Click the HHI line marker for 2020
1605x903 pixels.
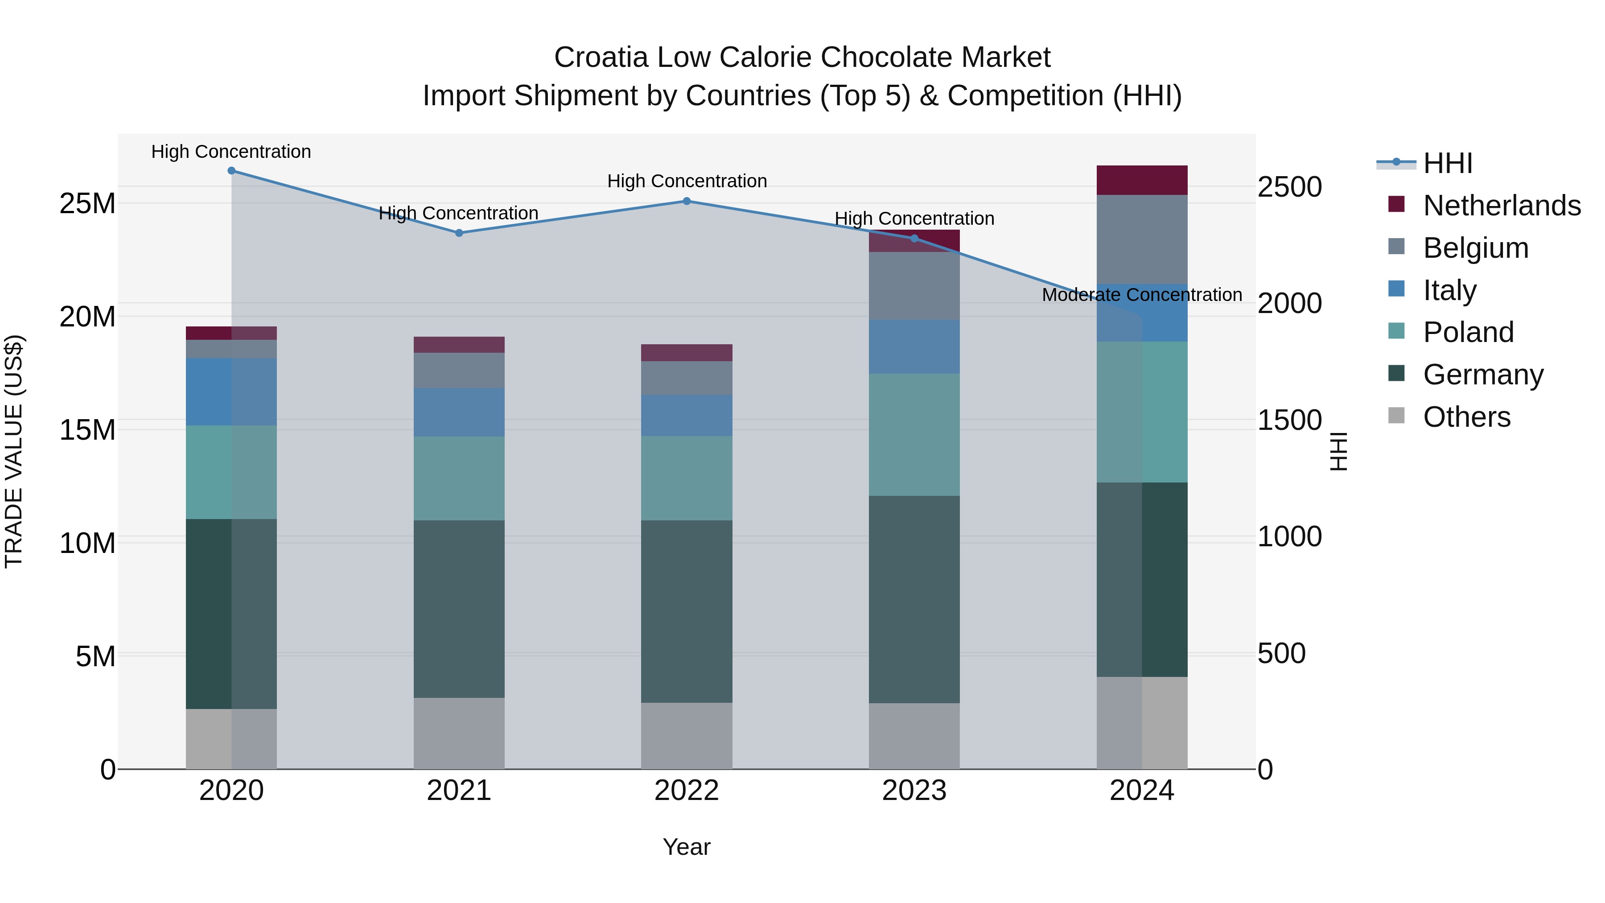pyautogui.click(x=231, y=171)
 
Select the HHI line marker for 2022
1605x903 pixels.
pyautogui.click(x=687, y=201)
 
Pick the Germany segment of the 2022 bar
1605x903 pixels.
pyautogui.click(x=687, y=611)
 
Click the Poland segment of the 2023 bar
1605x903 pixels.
pyautogui.click(x=914, y=434)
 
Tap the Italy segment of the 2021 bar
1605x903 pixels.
pyautogui.click(x=459, y=412)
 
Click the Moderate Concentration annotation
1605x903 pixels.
pyautogui.click(x=1141, y=295)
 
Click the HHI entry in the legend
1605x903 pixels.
pyautogui.click(x=1447, y=163)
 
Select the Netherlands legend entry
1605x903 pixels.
pyautogui.click(x=1502, y=206)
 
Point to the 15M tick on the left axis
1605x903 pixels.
pyautogui.click(x=87, y=430)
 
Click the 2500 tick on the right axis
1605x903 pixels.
pyautogui.click(x=1289, y=187)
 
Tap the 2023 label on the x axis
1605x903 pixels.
pyautogui.click(x=914, y=791)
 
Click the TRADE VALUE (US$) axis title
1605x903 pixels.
pyautogui.click(x=14, y=451)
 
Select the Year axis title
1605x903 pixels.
pyautogui.click(x=687, y=847)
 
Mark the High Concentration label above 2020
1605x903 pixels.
pyautogui.click(x=231, y=152)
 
